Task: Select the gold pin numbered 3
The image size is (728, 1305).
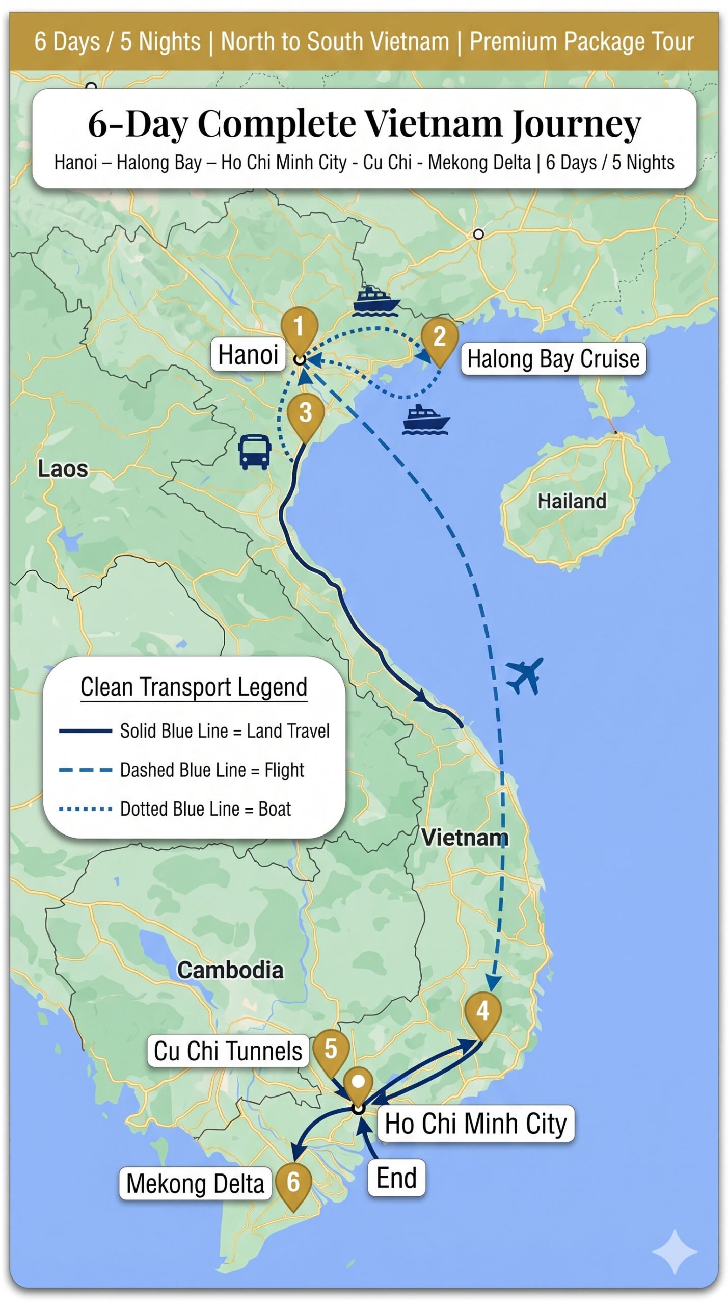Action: pos(305,413)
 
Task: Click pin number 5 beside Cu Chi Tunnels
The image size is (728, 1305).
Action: pos(331,1050)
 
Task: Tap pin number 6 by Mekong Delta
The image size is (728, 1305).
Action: pos(293,1183)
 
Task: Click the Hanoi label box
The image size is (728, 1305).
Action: pos(248,354)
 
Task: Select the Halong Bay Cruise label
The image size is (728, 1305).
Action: pos(553,359)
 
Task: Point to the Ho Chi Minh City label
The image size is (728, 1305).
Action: pos(475,1124)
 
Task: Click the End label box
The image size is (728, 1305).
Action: pos(396,1178)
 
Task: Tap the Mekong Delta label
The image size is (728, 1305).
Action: pos(195,1184)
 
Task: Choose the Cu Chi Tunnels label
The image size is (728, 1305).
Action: pos(228,1051)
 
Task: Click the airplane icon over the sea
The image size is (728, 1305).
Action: pos(525,675)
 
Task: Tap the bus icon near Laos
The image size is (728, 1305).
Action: pos(254,452)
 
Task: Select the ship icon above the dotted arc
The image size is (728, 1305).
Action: pos(375,300)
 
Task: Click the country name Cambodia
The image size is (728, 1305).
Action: pos(230,970)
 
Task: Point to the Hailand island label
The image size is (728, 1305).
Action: pos(572,501)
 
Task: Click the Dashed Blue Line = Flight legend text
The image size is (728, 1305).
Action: pos(211,770)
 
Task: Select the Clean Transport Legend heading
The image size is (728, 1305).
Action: pos(194,687)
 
